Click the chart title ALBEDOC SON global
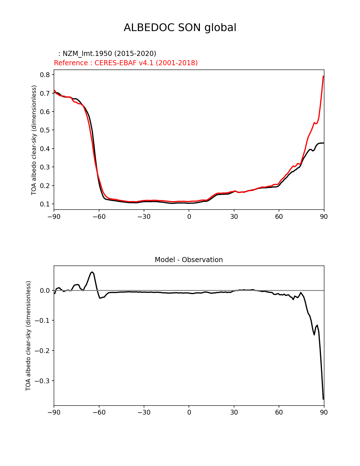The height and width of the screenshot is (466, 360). point(180,28)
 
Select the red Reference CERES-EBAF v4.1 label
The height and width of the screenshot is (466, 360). point(126,63)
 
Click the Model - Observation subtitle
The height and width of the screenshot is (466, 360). point(189,260)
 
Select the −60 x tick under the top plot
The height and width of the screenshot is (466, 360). point(99,217)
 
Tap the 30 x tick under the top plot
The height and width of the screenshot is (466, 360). point(234,217)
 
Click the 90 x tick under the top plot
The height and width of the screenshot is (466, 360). point(324,217)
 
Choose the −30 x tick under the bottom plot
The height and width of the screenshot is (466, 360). point(144,413)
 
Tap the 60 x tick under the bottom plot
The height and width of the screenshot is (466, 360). point(279,413)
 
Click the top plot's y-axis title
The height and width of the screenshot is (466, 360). point(34,140)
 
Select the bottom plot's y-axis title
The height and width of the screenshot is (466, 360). point(28,336)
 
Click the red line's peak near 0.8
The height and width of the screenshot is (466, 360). point(323,76)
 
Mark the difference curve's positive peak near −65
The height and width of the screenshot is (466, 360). point(92,272)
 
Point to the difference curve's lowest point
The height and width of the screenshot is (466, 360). point(323,399)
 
